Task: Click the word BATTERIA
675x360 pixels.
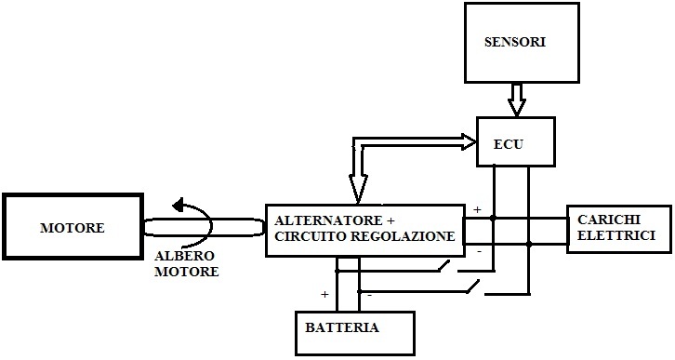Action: [x=341, y=327]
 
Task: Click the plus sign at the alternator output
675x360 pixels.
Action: [x=477, y=210]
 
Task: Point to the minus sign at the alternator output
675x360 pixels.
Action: [x=478, y=250]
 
